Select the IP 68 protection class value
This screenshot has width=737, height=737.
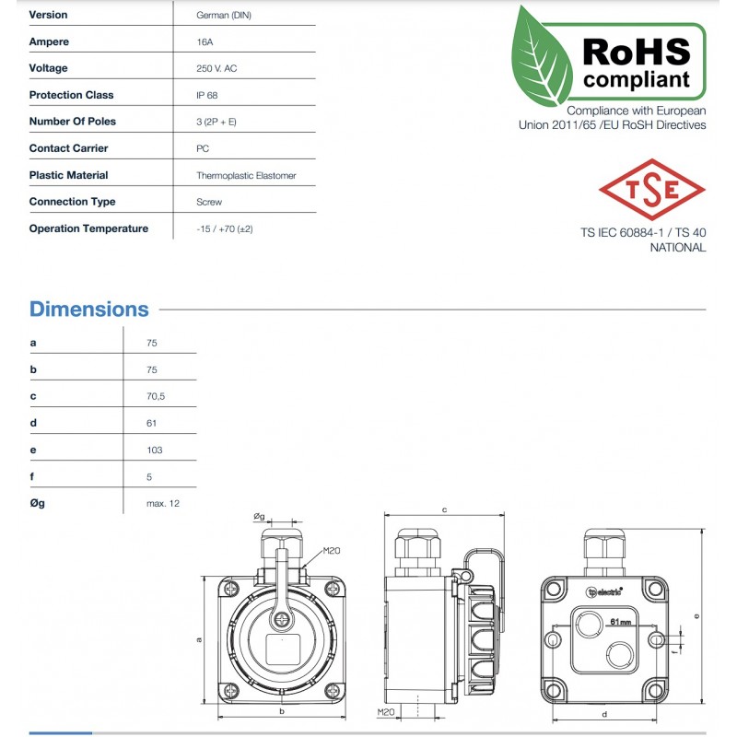pos(207,95)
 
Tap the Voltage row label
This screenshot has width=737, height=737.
pos(48,68)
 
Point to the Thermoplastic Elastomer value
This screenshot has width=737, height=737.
pos(246,175)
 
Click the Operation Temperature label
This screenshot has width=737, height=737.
pos(88,228)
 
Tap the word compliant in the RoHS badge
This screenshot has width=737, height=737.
pos(637,79)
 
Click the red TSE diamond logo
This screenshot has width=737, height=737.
pos(651,189)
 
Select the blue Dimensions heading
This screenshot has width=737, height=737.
pos(88,310)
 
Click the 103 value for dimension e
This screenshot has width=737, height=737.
pos(154,450)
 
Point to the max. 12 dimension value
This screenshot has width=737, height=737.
pos(162,503)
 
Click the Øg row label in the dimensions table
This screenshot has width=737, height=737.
pos(37,503)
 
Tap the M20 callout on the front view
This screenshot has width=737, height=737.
pos(332,551)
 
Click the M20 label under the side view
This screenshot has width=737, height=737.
pos(385,712)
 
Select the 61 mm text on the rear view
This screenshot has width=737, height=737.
pos(619,622)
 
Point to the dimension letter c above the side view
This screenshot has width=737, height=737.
pos(444,509)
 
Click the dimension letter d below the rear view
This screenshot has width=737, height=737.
pos(602,715)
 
